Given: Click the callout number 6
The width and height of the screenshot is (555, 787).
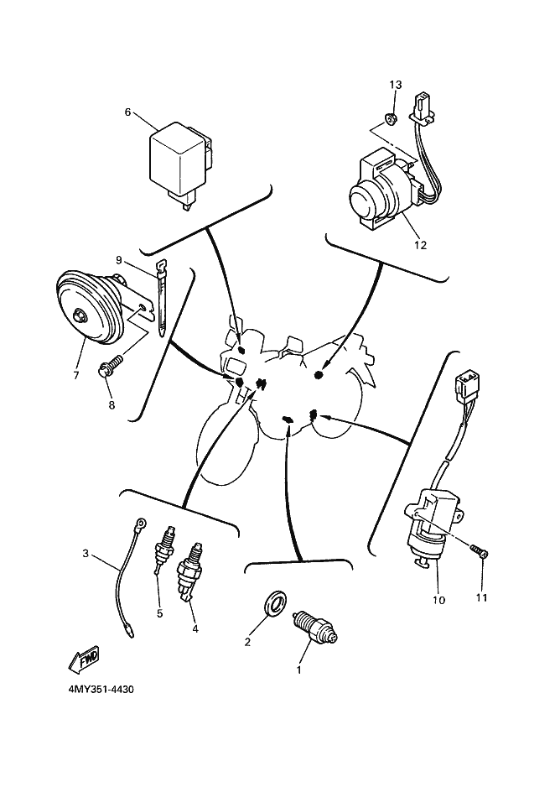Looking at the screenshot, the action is pos(127,112).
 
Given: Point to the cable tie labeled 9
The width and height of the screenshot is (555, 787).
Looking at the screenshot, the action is pos(160,299).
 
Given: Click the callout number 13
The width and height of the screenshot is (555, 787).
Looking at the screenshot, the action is pos(396,85).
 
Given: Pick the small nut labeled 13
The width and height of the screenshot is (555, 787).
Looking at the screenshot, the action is pos(391,119).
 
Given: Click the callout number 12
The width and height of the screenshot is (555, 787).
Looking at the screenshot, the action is pos(420,245).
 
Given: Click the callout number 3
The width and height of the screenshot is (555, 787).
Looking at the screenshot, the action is pos(86,554).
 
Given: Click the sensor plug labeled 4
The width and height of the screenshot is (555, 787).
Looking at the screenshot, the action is pos(190,571).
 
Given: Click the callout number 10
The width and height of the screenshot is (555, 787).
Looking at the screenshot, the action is pos(438,600).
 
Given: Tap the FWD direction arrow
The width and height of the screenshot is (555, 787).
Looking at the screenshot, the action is pos(85,659).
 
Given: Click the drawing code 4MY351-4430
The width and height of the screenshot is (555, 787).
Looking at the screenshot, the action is pos(101,689).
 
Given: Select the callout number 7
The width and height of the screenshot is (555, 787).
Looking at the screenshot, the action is pos(76,375).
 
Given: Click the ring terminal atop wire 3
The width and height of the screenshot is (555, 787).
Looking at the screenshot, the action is pos(143,524).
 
